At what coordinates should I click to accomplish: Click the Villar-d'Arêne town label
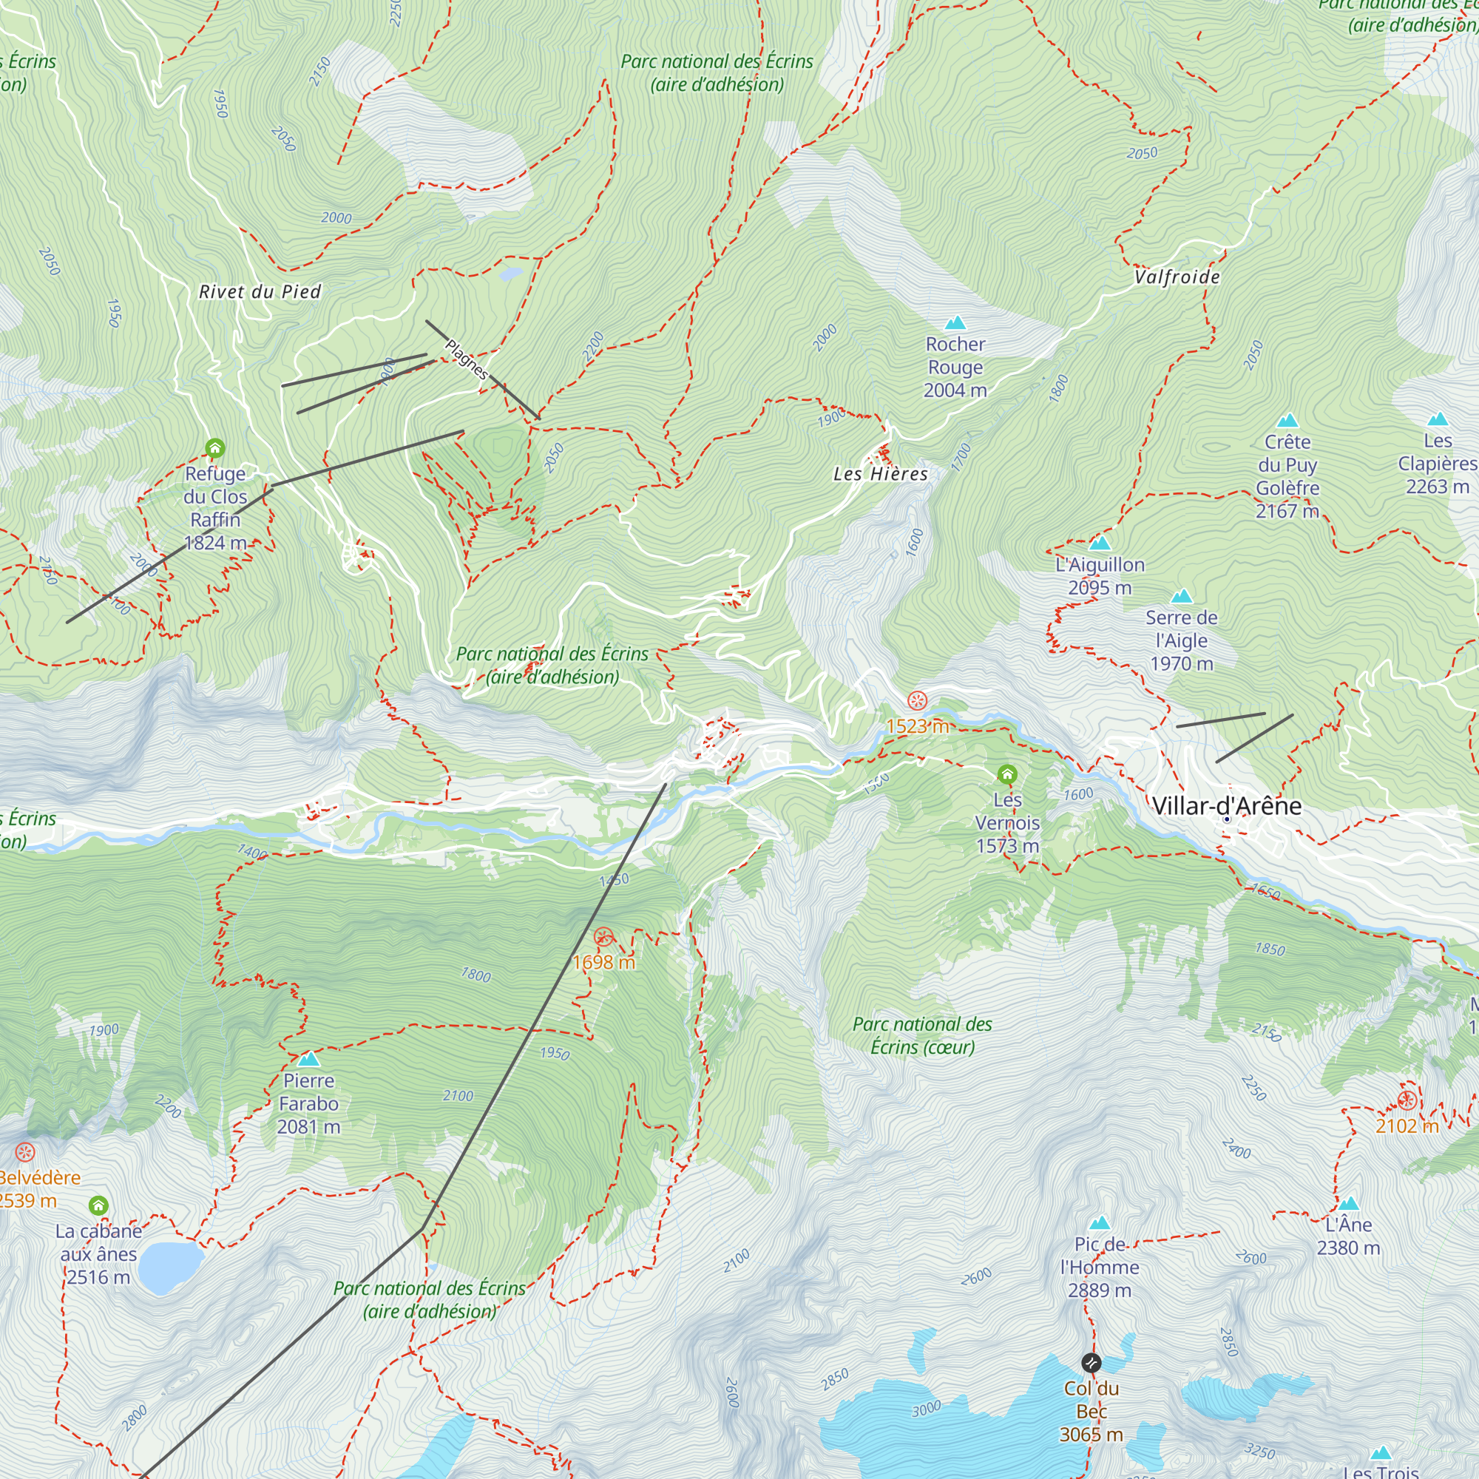tap(1226, 806)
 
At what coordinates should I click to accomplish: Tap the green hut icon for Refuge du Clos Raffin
tap(215, 448)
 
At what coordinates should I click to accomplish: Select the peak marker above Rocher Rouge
tap(955, 322)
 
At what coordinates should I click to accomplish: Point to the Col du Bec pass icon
tap(1091, 1363)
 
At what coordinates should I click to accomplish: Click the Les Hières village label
tap(880, 474)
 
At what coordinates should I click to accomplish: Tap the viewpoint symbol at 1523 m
tap(917, 700)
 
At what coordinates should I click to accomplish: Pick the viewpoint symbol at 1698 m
tap(603, 936)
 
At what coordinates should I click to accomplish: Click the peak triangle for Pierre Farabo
tap(308, 1060)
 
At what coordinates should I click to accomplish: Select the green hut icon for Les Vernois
tap(1007, 775)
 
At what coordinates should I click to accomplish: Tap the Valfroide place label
tap(1177, 277)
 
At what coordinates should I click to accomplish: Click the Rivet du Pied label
tap(260, 291)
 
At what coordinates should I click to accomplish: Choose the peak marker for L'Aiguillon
tap(1100, 544)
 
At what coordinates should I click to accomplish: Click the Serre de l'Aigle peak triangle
tap(1182, 596)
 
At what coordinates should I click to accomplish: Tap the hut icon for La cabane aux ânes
tap(98, 1206)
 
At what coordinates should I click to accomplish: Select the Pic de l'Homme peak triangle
tap(1100, 1223)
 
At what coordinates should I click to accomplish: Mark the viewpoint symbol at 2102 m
tap(1407, 1101)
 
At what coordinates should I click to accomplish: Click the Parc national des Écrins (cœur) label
tap(921, 1035)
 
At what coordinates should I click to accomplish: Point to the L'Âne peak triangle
tap(1349, 1203)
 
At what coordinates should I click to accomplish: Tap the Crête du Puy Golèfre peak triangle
tap(1287, 420)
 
